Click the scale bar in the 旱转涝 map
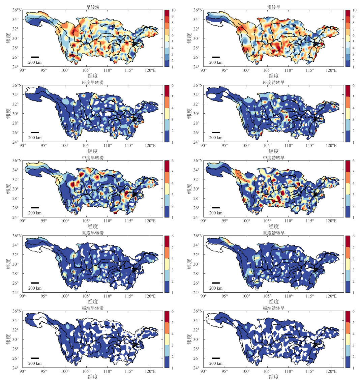click(x=35, y=57)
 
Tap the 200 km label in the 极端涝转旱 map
click(x=216, y=363)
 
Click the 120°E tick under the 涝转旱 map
click(x=332, y=70)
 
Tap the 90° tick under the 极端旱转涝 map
click(x=23, y=372)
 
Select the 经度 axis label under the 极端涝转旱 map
click(x=274, y=377)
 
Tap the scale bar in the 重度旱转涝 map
click(x=35, y=283)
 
